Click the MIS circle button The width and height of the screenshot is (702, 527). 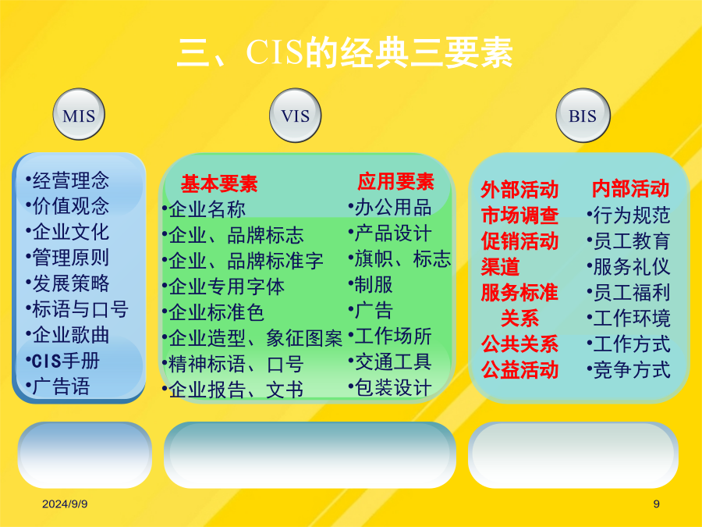click(x=79, y=114)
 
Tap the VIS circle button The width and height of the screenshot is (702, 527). click(x=295, y=116)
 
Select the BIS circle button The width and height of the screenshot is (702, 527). click(x=583, y=116)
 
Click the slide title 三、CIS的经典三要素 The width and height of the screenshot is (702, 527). click(x=345, y=53)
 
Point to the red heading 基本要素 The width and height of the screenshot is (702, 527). click(x=219, y=183)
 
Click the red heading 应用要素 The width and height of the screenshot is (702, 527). click(x=395, y=181)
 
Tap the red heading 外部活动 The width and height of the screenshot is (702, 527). click(x=519, y=190)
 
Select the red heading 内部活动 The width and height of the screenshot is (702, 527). click(x=630, y=189)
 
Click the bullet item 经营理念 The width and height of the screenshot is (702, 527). click(x=68, y=180)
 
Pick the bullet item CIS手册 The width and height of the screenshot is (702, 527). click(x=63, y=361)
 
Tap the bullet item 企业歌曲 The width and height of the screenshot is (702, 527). click(x=68, y=335)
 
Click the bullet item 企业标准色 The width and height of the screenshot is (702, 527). click(x=213, y=312)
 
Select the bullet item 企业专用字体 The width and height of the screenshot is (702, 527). click(x=223, y=287)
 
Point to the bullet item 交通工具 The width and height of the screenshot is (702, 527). click(x=390, y=362)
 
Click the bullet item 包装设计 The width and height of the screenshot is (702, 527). click(x=390, y=388)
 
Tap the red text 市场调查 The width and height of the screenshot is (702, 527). click(x=519, y=215)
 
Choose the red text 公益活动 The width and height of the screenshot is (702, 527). click(x=519, y=370)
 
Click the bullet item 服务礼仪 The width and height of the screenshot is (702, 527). click(x=629, y=267)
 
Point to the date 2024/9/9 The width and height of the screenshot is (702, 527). click(x=65, y=504)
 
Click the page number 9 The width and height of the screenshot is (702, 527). click(x=656, y=504)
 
